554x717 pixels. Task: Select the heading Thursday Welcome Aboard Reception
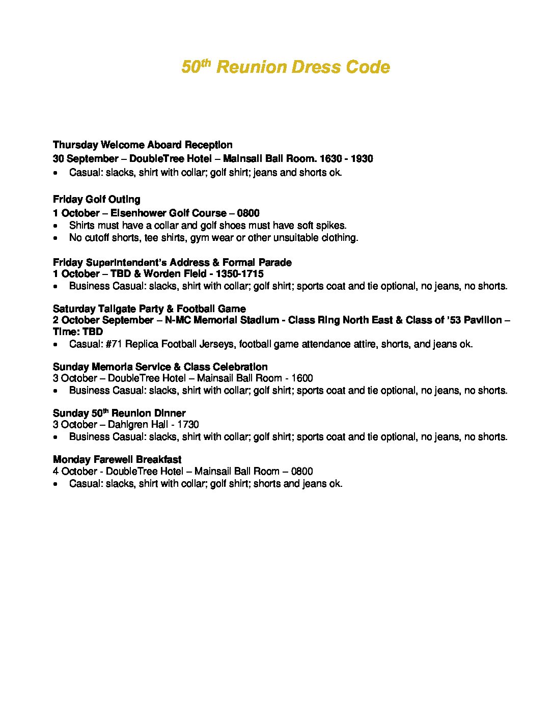[143, 145]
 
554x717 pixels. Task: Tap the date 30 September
[85, 159]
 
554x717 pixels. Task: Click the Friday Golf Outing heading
[96, 200]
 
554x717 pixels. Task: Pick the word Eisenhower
[138, 213]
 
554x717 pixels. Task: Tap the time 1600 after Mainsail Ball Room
[302, 378]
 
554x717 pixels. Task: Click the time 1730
[188, 425]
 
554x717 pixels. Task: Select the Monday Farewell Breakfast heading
[117, 460]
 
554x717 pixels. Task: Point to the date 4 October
[75, 472]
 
